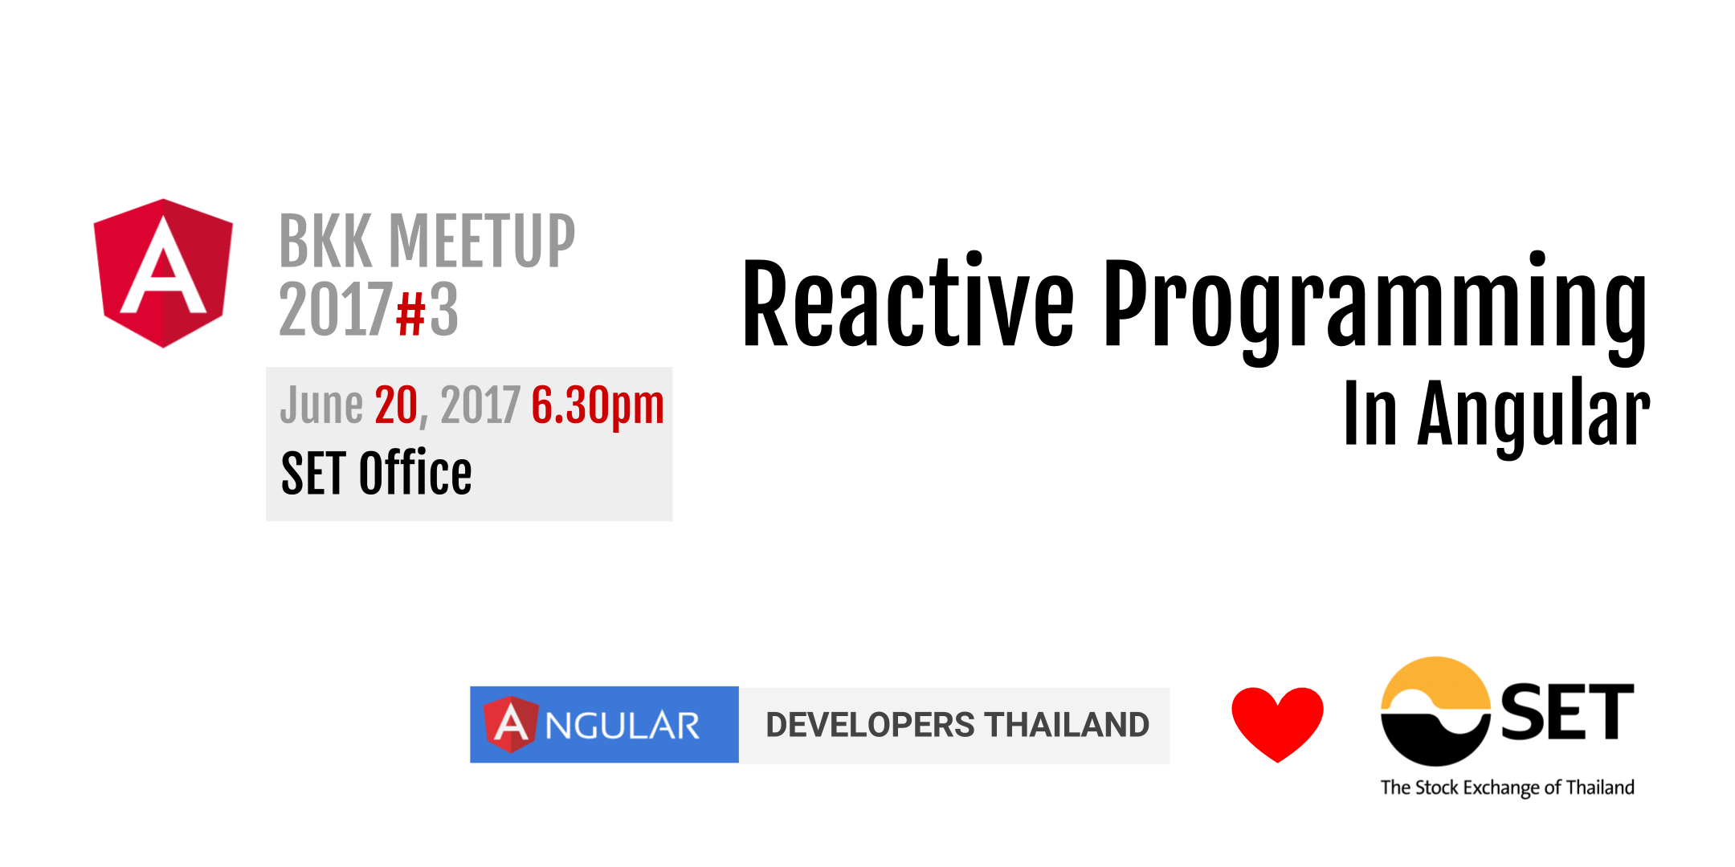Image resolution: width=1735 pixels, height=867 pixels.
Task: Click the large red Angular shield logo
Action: pyautogui.click(x=163, y=273)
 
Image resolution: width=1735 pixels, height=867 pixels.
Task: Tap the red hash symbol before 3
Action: pyautogui.click(x=410, y=313)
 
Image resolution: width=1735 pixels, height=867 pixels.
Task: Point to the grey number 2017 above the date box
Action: pyautogui.click(x=336, y=311)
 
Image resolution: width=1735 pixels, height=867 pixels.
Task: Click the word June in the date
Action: pyautogui.click(x=321, y=405)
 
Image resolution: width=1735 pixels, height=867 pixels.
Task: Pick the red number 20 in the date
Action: pyautogui.click(x=396, y=405)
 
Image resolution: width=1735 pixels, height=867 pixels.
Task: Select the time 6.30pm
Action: pyautogui.click(x=598, y=405)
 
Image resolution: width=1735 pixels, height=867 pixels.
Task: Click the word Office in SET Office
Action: pyautogui.click(x=414, y=474)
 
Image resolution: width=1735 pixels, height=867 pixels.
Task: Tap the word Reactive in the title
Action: pyautogui.click(x=908, y=305)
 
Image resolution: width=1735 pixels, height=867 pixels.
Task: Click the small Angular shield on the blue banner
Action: pyautogui.click(x=511, y=724)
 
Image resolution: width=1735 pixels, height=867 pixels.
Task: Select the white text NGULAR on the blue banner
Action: pyautogui.click(x=623, y=726)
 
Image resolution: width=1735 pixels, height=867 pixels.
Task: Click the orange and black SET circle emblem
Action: pyautogui.click(x=1435, y=711)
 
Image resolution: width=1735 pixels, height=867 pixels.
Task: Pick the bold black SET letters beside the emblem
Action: pyautogui.click(x=1566, y=713)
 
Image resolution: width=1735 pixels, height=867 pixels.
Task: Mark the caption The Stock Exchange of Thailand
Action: pyautogui.click(x=1507, y=788)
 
